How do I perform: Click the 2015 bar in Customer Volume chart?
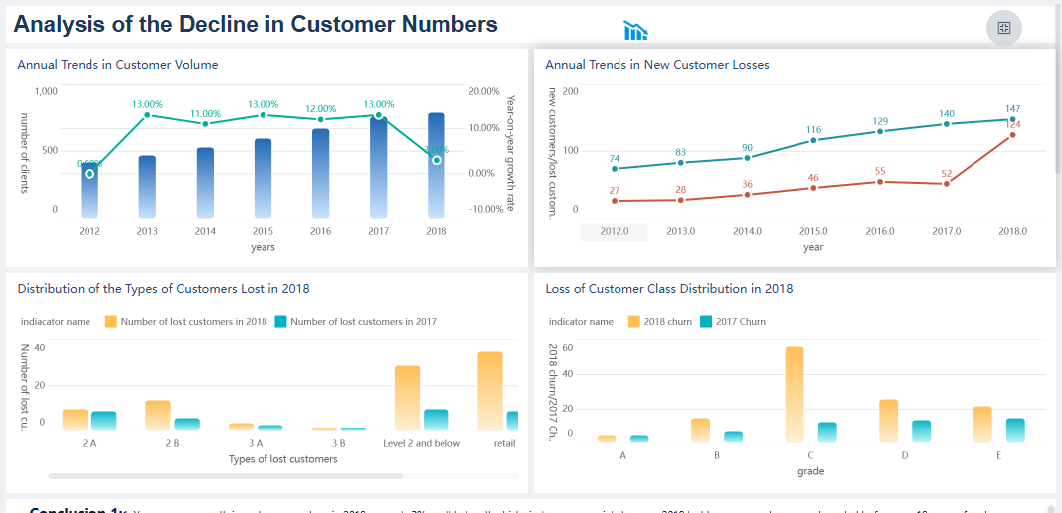263,179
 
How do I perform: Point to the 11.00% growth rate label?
205,114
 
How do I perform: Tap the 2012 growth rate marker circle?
89,174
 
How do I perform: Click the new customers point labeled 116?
813,140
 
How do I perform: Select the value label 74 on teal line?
615,159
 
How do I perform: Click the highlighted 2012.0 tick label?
615,231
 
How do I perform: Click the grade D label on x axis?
904,455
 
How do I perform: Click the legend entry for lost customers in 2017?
355,322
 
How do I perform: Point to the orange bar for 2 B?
158,416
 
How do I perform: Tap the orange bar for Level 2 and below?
407,398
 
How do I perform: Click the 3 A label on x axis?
256,443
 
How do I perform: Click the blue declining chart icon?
635,31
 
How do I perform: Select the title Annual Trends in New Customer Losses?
657,65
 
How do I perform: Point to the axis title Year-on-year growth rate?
510,153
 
